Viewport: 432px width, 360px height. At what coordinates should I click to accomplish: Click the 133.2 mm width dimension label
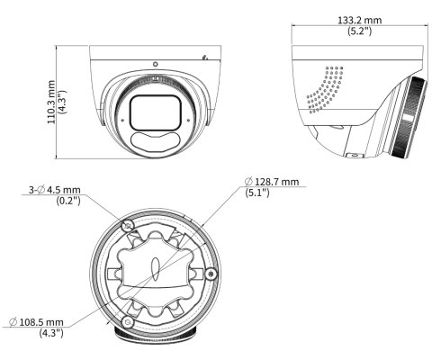360,20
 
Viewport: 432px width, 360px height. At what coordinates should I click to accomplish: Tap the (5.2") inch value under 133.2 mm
359,31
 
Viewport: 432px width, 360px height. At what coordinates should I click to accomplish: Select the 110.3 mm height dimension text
51,102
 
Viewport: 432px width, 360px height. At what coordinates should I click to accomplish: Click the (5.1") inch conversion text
257,192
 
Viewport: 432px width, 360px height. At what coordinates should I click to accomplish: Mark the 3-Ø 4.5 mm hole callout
55,190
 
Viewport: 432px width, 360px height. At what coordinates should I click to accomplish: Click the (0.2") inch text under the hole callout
68,200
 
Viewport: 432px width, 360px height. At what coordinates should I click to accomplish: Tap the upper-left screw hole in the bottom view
128,226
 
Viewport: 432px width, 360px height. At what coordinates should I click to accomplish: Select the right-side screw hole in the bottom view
211,274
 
